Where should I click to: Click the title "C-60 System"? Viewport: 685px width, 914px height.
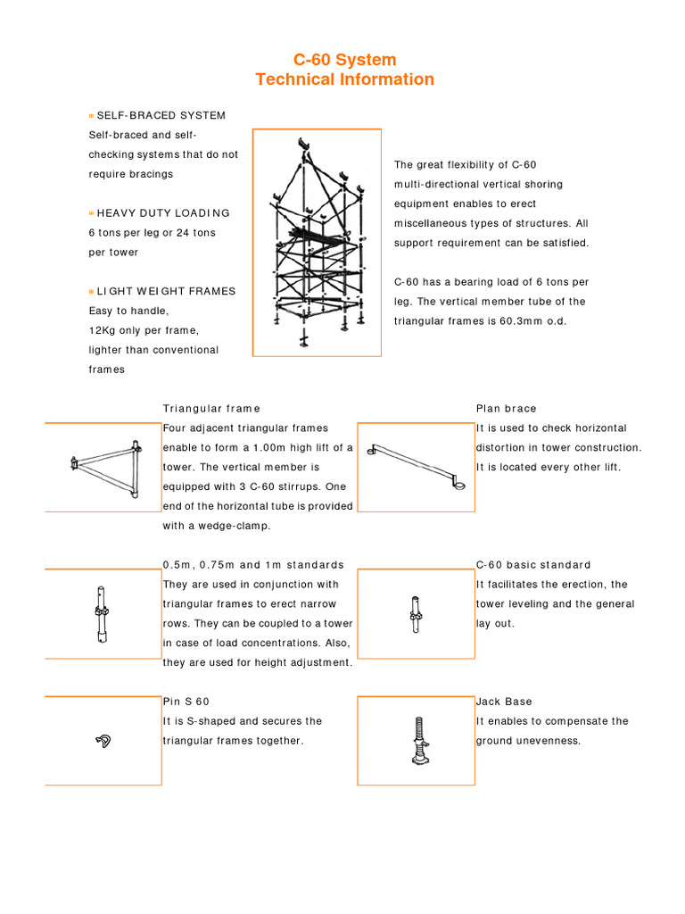click(x=344, y=60)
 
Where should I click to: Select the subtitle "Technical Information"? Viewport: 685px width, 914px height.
click(x=344, y=79)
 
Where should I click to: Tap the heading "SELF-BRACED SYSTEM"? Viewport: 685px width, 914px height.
click(x=161, y=116)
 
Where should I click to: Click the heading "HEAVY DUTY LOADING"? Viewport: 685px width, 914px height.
click(x=163, y=213)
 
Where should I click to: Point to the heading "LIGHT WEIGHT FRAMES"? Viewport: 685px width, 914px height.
click(x=166, y=292)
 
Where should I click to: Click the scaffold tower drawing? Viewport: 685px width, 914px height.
click(x=317, y=243)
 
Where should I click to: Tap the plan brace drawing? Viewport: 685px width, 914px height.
click(x=416, y=466)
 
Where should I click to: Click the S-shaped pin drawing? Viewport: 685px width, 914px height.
click(x=103, y=739)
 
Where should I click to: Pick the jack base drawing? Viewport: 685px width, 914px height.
click(x=416, y=740)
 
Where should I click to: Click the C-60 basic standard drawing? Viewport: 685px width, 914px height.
click(x=415, y=614)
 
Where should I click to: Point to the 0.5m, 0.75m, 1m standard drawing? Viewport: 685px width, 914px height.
click(x=99, y=613)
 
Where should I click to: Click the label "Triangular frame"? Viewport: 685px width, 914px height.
click(x=211, y=409)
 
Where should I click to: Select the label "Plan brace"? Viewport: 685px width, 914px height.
click(x=507, y=409)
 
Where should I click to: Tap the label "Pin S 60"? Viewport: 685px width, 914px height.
click(x=186, y=702)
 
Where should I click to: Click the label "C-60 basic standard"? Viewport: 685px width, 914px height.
click(x=533, y=565)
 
